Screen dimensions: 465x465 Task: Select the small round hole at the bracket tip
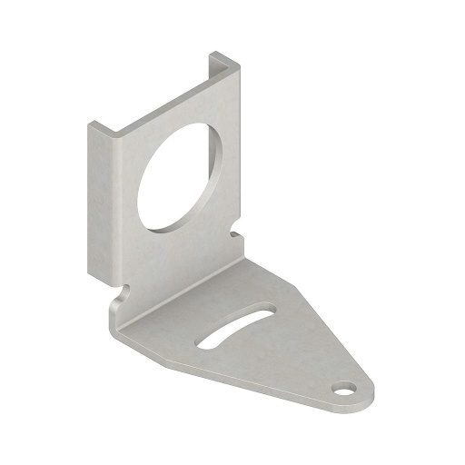[x=344, y=390]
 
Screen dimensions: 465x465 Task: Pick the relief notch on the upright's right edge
[x=236, y=233]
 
